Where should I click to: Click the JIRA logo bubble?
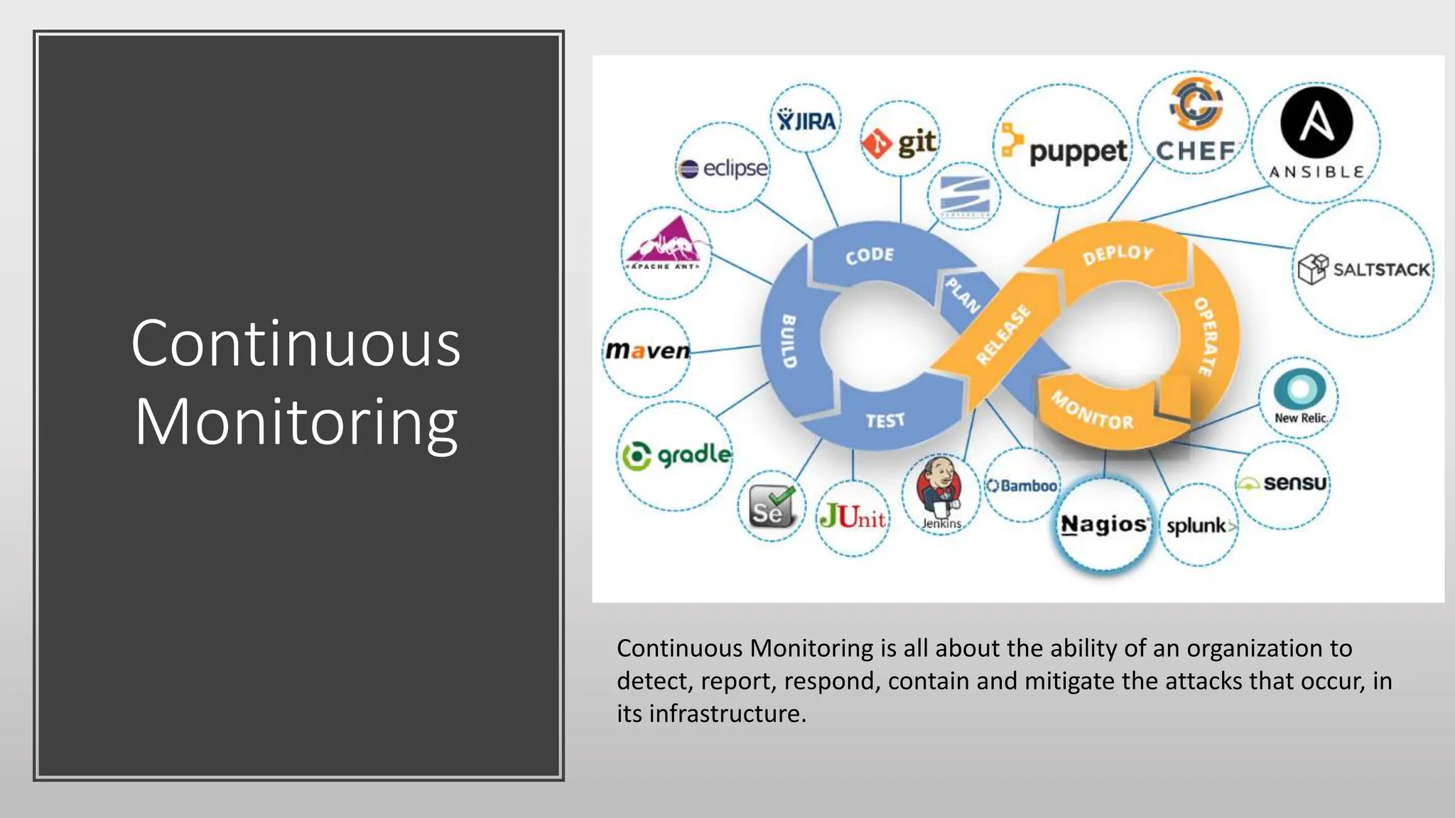click(806, 119)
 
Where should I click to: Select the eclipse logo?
click(723, 168)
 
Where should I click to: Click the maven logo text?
click(647, 351)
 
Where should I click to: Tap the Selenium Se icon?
click(771, 506)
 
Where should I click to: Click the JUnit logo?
click(853, 516)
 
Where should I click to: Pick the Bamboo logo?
click(1022, 486)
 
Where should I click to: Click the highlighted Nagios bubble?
click(1103, 525)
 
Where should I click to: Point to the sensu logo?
click(1283, 484)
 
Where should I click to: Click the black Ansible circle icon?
click(1316, 122)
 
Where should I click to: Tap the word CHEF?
click(1196, 151)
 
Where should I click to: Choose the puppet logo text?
click(1077, 151)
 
